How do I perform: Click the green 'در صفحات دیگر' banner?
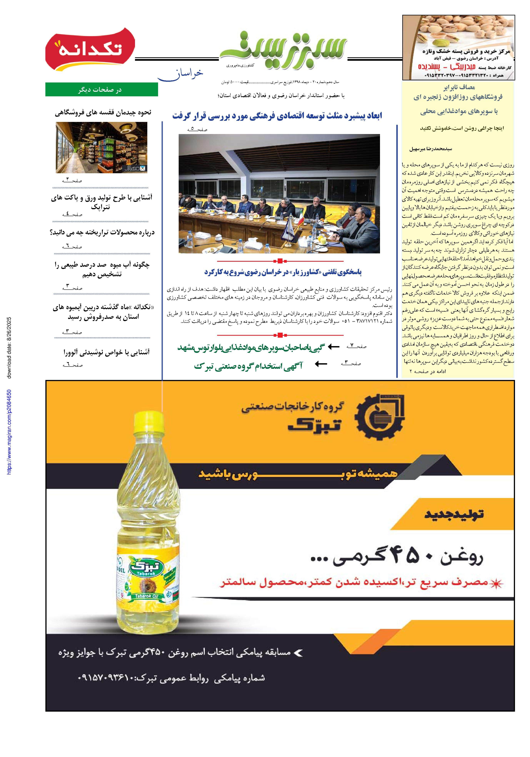[101, 89]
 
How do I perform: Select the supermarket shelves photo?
[101, 147]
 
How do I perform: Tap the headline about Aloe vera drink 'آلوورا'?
[106, 352]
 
